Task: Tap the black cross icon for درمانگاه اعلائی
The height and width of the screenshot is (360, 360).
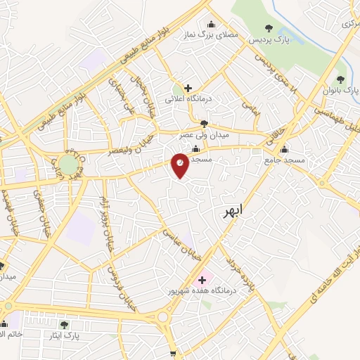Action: (x=188, y=88)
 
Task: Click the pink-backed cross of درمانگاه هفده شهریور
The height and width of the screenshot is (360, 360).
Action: (x=202, y=280)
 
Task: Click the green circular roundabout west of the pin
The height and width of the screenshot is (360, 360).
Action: (x=68, y=165)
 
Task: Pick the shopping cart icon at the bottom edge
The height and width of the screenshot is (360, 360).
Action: (x=174, y=355)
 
